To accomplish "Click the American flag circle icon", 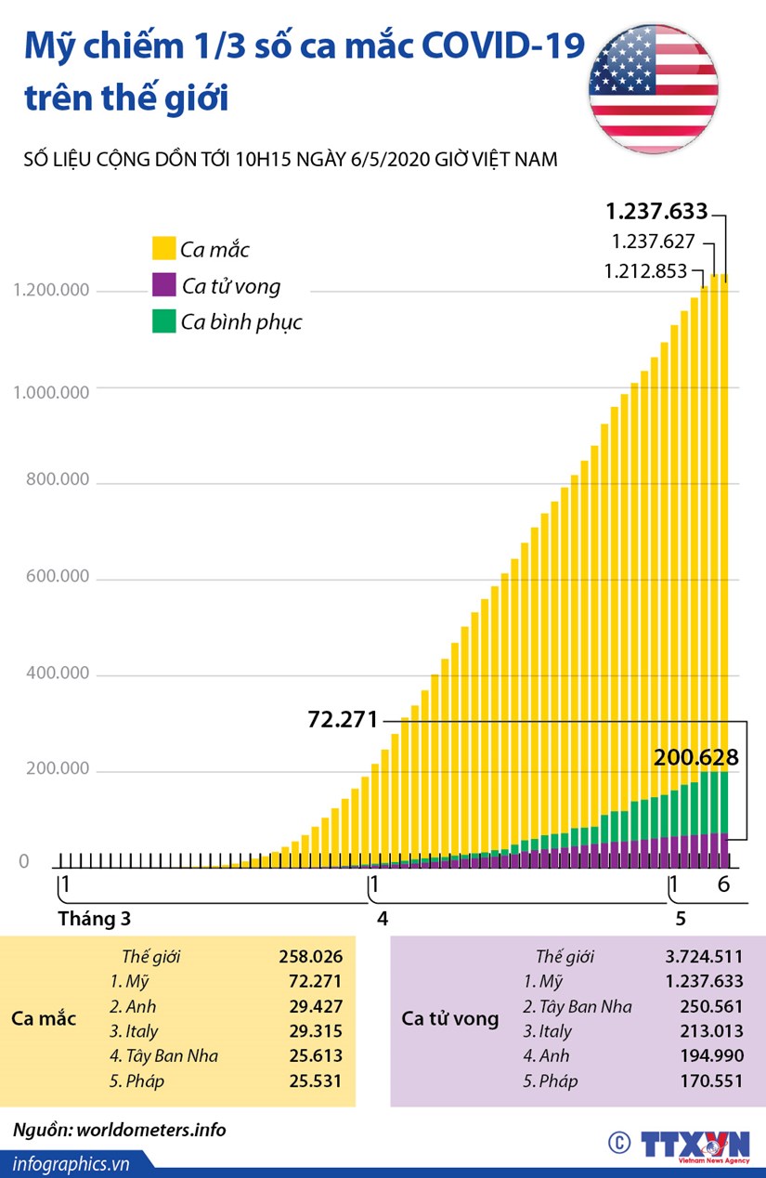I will pyautogui.click(x=653, y=89).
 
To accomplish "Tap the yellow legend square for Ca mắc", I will pyautogui.click(x=164, y=248).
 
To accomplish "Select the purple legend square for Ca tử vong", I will pyautogui.click(x=164, y=284).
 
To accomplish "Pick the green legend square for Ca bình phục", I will pyautogui.click(x=164, y=321).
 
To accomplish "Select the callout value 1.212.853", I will pyautogui.click(x=645, y=271).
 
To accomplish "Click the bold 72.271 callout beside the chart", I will pyautogui.click(x=343, y=719).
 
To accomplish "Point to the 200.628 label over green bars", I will pyautogui.click(x=696, y=757).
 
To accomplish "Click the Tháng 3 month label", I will pyautogui.click(x=94, y=919).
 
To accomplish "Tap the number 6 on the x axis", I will pyautogui.click(x=724, y=883).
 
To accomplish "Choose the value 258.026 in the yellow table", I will pyautogui.click(x=310, y=956).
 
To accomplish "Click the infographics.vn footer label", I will pyautogui.click(x=71, y=1162).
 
